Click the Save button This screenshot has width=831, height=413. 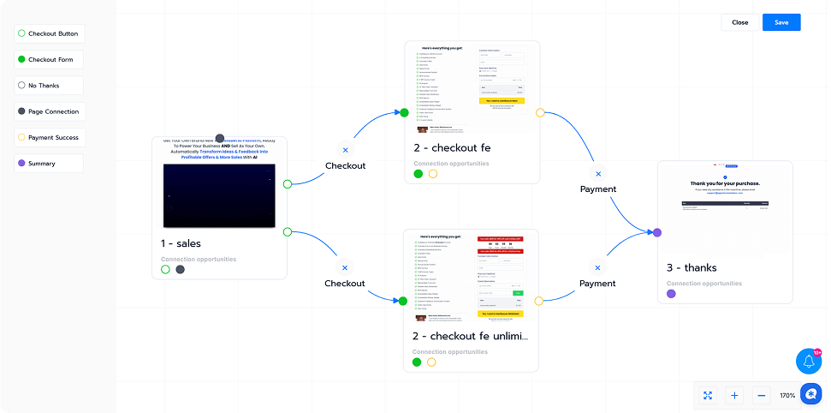781,22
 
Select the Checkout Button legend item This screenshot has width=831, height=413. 50,33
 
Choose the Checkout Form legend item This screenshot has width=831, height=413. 50,60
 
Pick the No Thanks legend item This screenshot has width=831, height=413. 50,86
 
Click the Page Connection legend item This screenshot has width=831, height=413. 50,111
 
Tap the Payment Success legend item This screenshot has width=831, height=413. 50,137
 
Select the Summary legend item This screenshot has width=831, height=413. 50,163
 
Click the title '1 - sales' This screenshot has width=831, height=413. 181,243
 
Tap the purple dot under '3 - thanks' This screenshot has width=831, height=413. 671,294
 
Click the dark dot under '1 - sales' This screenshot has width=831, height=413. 181,269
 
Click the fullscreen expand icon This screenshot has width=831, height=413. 708,395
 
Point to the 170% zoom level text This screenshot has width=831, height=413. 787,395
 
